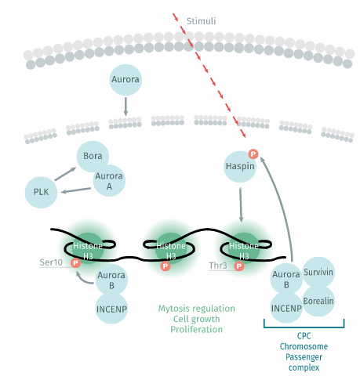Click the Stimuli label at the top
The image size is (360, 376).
point(201,21)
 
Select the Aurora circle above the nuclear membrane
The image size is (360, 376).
point(125,80)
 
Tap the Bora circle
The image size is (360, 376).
point(93,157)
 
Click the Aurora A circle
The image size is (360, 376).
point(109,181)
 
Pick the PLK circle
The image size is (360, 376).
point(41,193)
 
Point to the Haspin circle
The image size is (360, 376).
point(240,167)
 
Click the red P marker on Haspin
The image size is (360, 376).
point(253,154)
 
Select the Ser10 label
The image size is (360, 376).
point(51,262)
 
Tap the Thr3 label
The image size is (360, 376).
point(218,266)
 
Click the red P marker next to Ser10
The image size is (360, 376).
point(76,262)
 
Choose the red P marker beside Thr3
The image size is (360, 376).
point(239,266)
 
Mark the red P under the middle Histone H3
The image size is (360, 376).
point(165,266)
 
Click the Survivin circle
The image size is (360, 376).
point(318,273)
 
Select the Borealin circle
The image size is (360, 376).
point(318,301)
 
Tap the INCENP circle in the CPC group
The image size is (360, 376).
point(286,309)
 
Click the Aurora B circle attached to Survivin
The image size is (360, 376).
point(286,279)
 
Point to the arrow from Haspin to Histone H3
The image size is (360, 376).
point(241,204)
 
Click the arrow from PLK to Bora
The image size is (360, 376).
point(65,174)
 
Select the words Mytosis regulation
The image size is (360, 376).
point(197,309)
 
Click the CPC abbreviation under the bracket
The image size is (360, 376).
point(304,336)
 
